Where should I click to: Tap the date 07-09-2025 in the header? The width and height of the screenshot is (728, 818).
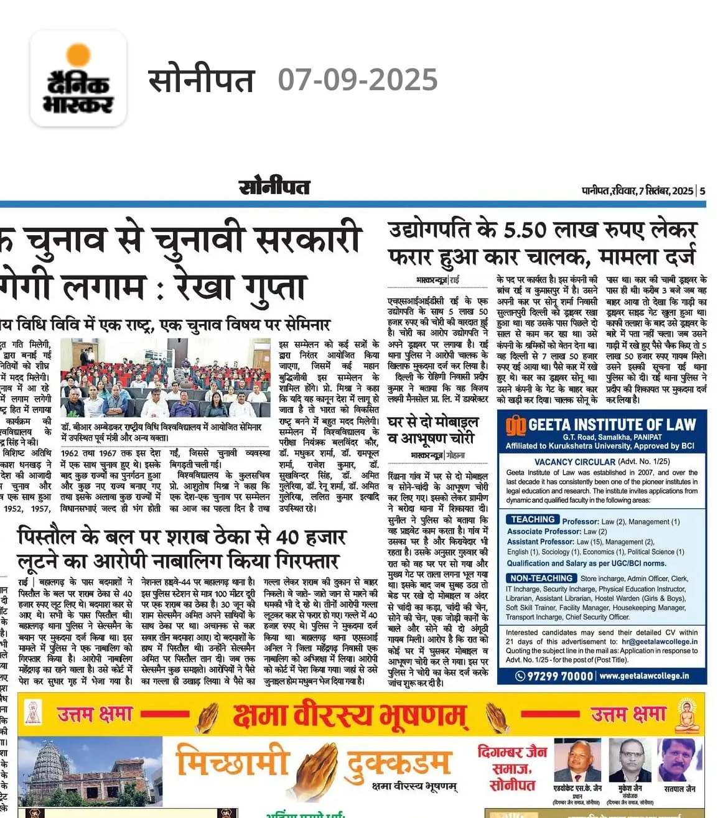pyautogui.click(x=357, y=80)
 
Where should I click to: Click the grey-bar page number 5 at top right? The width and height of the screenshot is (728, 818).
pyautogui.click(x=702, y=190)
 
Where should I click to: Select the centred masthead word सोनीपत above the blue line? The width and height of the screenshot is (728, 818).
pyautogui.click(x=274, y=187)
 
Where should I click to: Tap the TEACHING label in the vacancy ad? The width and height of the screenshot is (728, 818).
pyautogui.click(x=532, y=519)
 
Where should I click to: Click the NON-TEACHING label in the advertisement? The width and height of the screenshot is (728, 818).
pyautogui.click(x=541, y=578)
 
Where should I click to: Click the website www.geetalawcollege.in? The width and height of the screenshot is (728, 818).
pyautogui.click(x=644, y=676)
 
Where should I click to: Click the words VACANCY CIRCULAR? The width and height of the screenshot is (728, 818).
pyautogui.click(x=574, y=462)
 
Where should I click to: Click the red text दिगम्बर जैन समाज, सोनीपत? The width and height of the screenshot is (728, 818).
pyautogui.click(x=512, y=768)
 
